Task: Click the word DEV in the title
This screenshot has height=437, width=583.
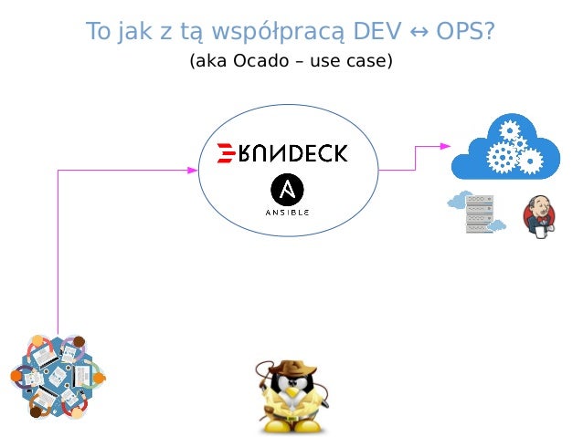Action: (x=376, y=31)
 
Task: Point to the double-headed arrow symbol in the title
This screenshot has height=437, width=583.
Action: (x=414, y=32)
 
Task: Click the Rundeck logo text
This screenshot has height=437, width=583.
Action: (x=293, y=152)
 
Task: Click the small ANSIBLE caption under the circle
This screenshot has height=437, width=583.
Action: (x=288, y=212)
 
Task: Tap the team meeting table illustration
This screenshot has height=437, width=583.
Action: (x=56, y=376)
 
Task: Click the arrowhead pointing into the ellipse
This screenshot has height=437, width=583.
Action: (x=194, y=169)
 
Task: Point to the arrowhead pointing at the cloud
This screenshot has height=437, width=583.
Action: (x=445, y=145)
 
